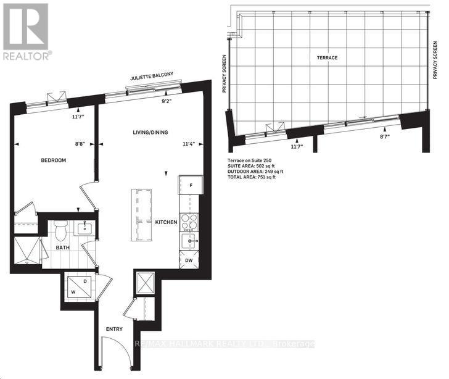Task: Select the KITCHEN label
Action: (x=166, y=222)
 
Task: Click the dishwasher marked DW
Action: (x=189, y=260)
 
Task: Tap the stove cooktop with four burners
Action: (x=189, y=220)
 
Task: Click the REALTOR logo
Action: (x=25, y=30)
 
